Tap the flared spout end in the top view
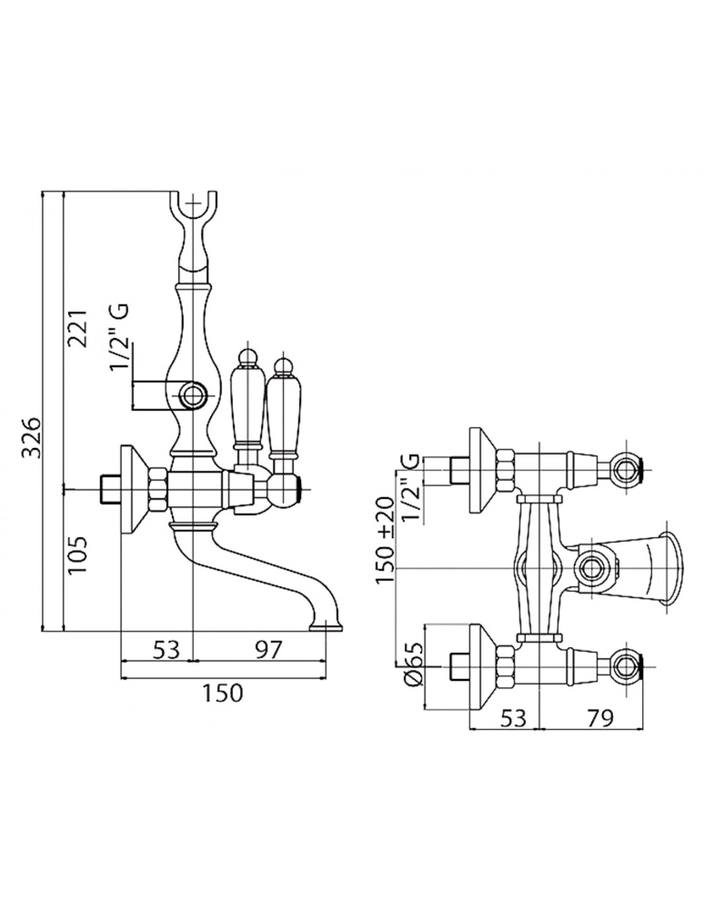coord(672,568)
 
